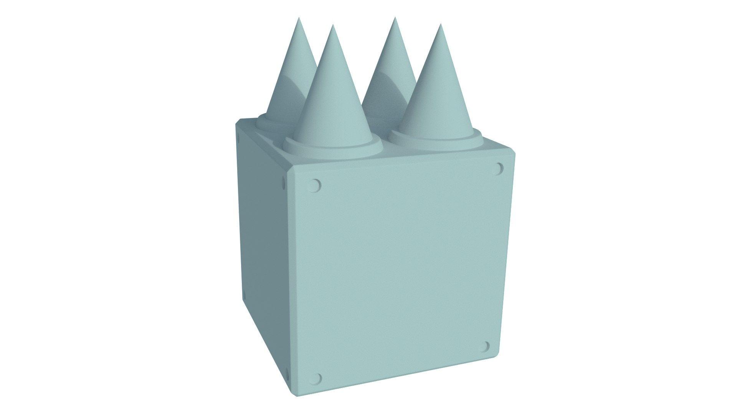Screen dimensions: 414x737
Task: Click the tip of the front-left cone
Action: [x=333, y=26]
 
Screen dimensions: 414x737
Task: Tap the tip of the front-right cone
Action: [x=440, y=25]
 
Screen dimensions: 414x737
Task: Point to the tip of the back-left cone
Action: [x=299, y=18]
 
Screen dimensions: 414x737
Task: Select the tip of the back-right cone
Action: [x=394, y=18]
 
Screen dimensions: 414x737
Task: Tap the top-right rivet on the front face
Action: [x=498, y=168]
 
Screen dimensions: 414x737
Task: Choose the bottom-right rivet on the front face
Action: [x=486, y=347]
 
